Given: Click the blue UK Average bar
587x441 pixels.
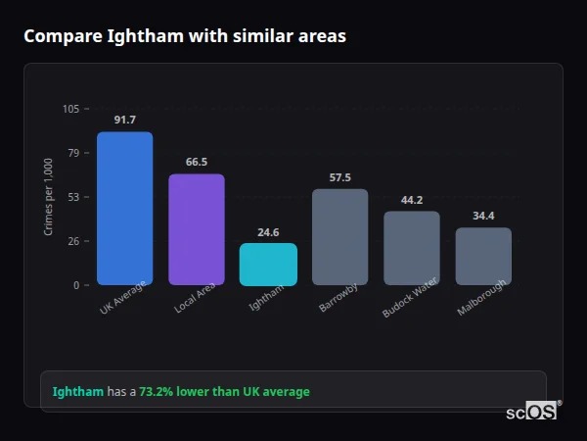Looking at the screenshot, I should coord(124,209).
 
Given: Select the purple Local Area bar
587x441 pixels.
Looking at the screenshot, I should coord(196,229).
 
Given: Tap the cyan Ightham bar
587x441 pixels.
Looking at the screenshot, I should coord(268,265).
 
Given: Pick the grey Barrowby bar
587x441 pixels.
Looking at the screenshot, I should coord(339,237).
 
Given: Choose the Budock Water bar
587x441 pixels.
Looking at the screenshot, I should coord(412,248).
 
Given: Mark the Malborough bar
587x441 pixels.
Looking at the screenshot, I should coord(483,257).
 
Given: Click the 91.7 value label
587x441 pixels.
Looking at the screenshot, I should coord(124,120).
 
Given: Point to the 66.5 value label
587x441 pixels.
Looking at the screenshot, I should coord(196,162).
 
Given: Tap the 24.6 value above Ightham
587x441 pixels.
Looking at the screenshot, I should coord(268,232).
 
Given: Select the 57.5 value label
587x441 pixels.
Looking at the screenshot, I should coord(339,177).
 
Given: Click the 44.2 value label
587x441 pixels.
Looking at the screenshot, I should coord(412,200).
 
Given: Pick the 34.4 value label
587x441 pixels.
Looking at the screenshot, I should coord(483,216).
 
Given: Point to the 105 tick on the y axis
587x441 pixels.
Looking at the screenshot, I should coord(70,109).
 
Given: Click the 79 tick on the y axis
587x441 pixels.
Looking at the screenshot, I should coord(73,153).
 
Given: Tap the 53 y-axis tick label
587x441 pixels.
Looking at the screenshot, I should coord(73,197).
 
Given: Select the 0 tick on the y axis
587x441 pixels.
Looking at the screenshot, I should coord(76,285).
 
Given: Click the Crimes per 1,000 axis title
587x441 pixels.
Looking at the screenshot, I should coord(49,197).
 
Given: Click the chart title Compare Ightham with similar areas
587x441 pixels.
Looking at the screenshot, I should coord(184,36).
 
